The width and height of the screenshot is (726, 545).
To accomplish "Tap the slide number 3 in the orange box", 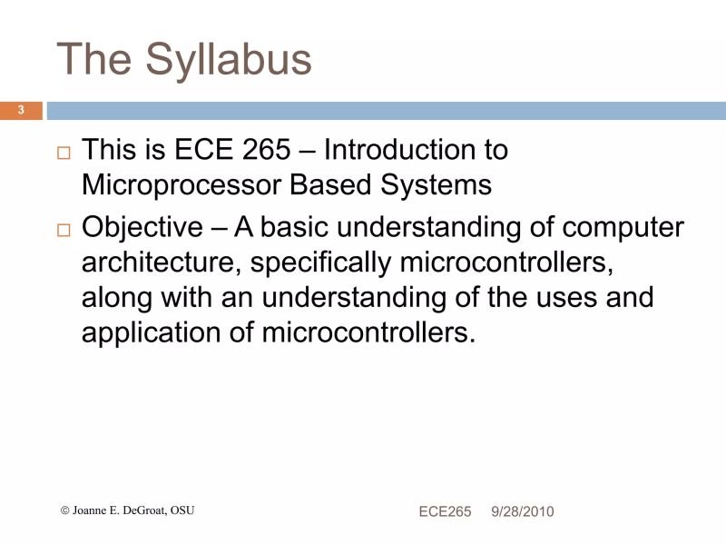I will [x=22, y=111].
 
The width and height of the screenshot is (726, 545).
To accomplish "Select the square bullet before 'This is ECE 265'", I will [x=64, y=154].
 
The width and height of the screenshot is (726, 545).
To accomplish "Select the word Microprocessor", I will [x=181, y=184].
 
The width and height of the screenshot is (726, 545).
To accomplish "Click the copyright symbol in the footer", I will [x=64, y=510].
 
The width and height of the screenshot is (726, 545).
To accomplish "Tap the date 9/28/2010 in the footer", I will [x=523, y=512].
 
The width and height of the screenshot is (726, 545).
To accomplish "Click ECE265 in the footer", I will [x=445, y=512].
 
